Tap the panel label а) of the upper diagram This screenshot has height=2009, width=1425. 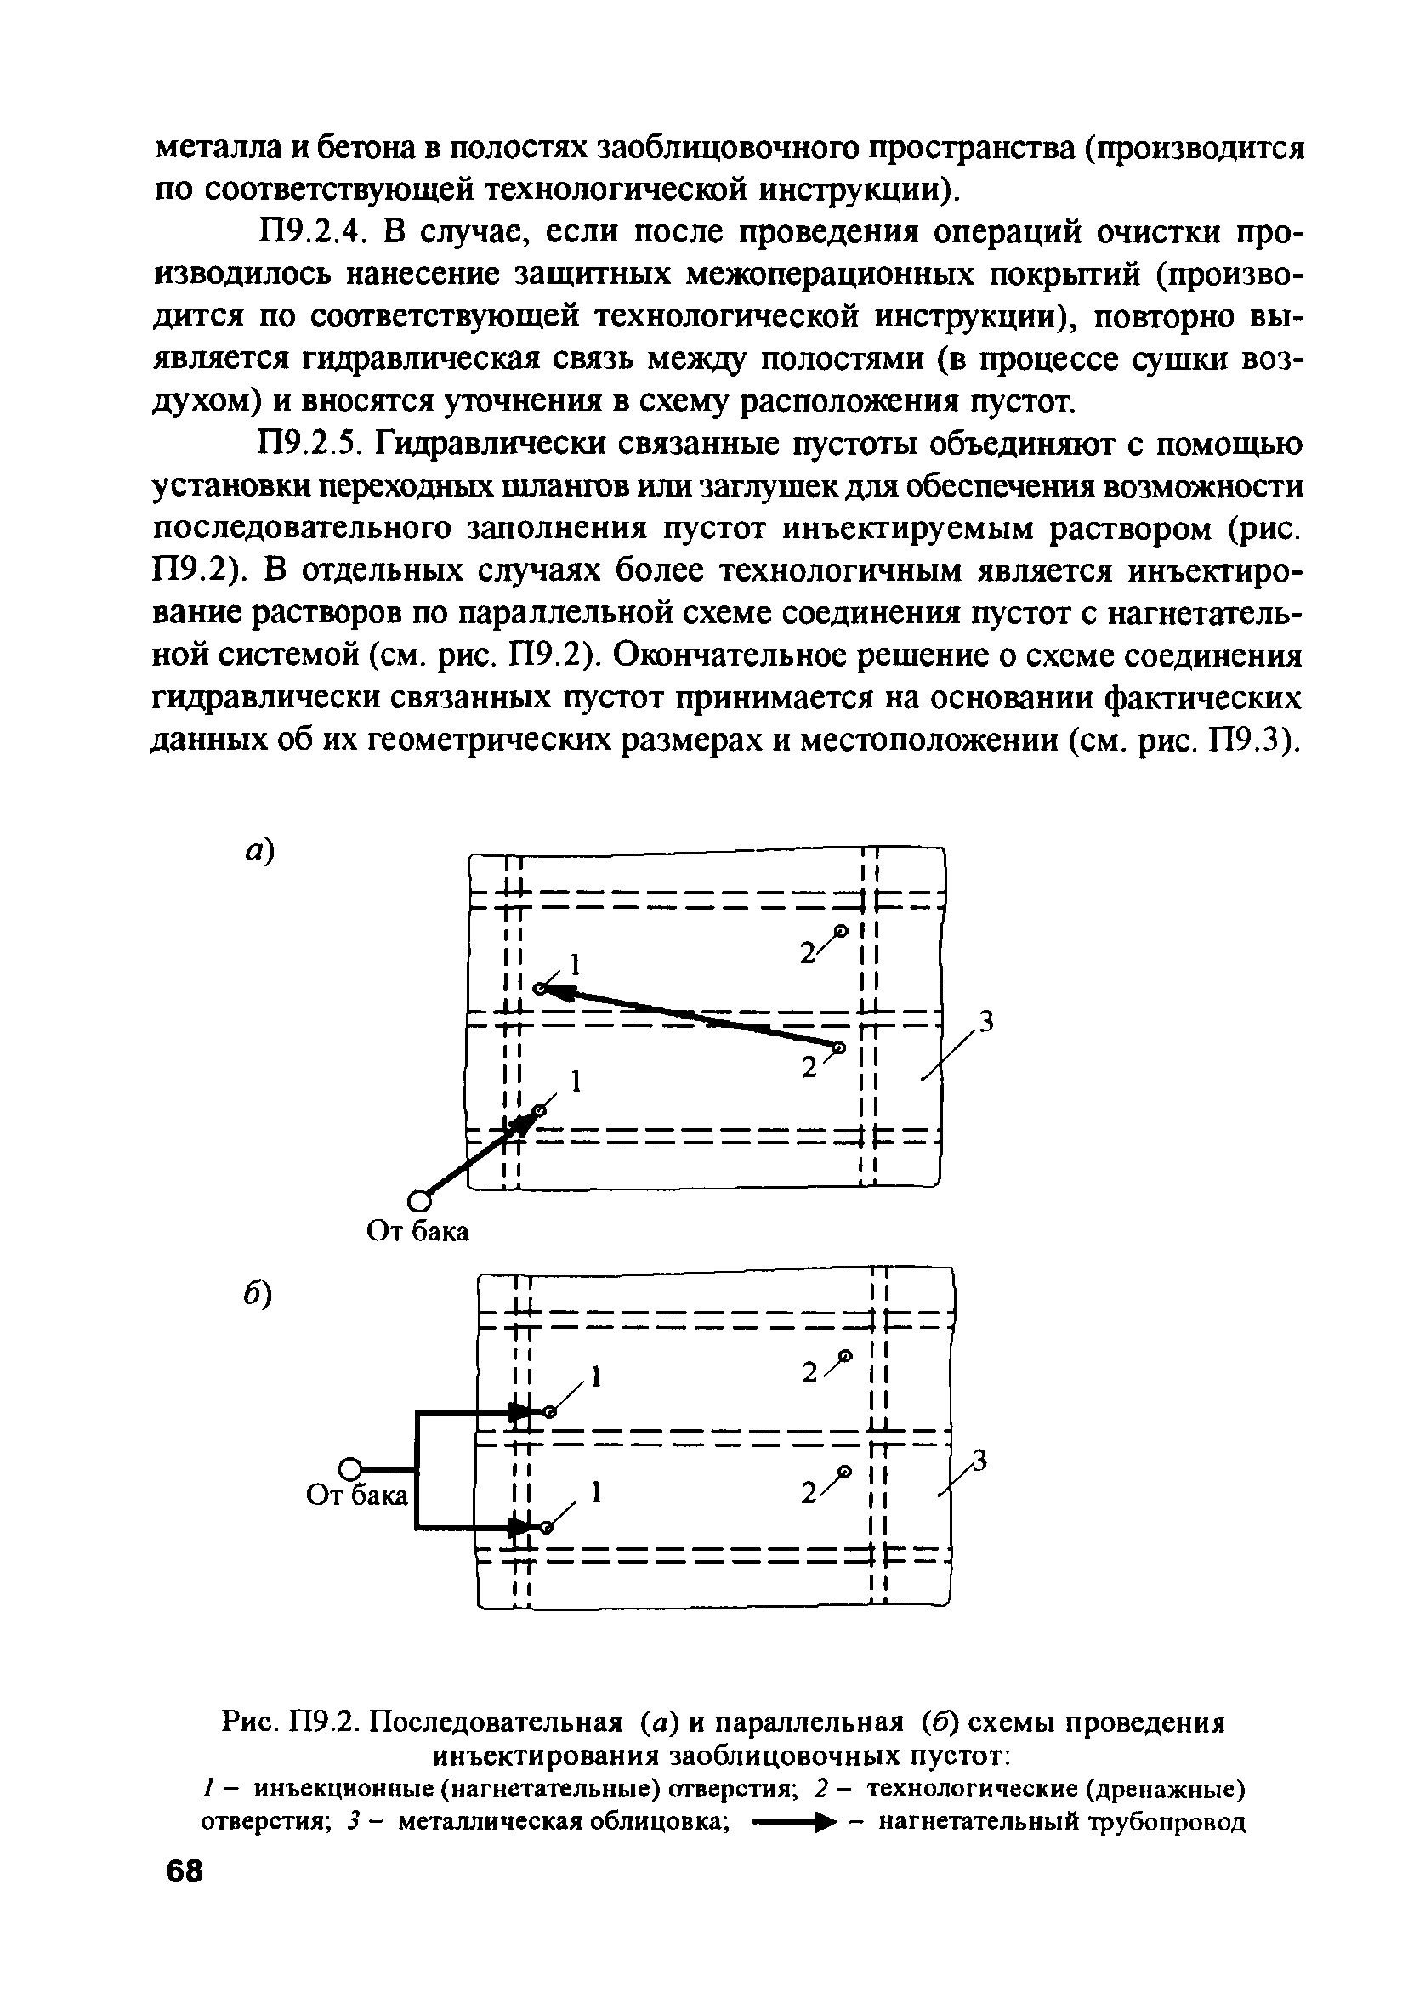click(x=259, y=850)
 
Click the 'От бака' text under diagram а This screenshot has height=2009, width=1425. click(x=417, y=1233)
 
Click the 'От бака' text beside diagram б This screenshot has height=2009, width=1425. click(x=357, y=1494)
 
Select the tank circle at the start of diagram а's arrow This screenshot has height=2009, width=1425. click(x=419, y=1200)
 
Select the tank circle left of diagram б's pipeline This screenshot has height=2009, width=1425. click(x=349, y=1466)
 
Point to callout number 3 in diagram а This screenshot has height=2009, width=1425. click(x=986, y=1021)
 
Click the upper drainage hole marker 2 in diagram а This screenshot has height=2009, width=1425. click(x=840, y=931)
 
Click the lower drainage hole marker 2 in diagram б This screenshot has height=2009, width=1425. click(x=844, y=1470)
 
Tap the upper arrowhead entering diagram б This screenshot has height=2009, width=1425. click(x=521, y=1411)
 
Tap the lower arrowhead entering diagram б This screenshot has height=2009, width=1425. click(x=521, y=1527)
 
